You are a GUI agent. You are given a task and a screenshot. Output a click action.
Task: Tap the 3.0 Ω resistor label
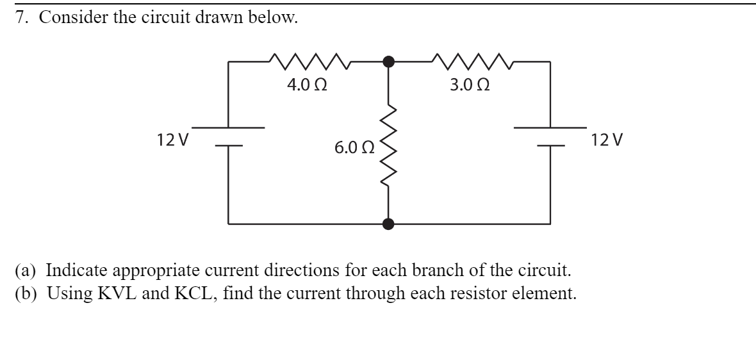[470, 85]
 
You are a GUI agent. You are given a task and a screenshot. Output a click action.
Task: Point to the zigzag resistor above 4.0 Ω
[308, 61]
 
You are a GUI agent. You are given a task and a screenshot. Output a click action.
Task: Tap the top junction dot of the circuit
[388, 61]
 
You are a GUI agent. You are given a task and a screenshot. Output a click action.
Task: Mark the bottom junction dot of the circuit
[388, 224]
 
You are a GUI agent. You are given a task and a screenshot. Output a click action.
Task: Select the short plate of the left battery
[229, 146]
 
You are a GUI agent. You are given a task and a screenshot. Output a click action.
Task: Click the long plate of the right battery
[550, 127]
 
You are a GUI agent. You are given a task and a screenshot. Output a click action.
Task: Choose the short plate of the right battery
[550, 146]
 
